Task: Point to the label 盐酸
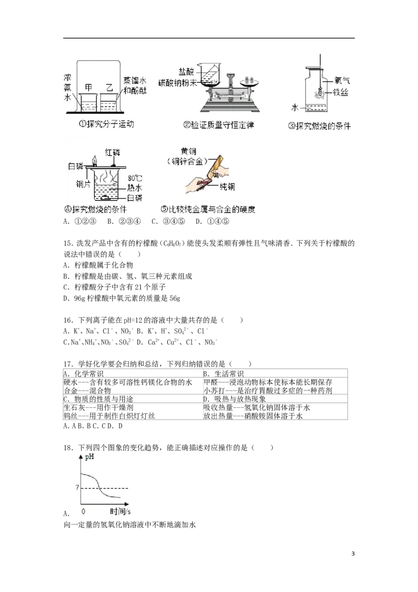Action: coord(186,71)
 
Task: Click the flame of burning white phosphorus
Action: coord(95,160)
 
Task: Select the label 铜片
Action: coord(84,184)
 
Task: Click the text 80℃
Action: coord(135,177)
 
